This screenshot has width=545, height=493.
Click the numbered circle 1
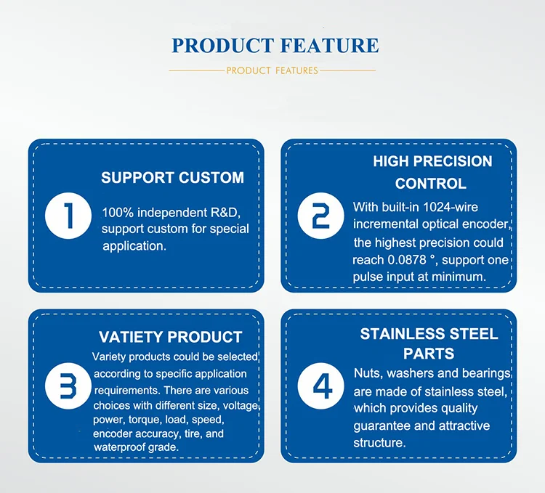68,216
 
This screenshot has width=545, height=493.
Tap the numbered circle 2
320,216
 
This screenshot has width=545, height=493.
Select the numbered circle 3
68,386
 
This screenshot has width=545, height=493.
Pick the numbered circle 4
320,386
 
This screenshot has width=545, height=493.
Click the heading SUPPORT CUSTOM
172,178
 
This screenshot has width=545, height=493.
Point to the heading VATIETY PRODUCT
170,337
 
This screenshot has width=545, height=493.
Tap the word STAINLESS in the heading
403,334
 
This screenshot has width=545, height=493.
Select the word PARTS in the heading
429,354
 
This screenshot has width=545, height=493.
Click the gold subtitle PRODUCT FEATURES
272,71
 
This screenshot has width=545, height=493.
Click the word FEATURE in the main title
329,46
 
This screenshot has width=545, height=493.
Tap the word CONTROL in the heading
431,184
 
